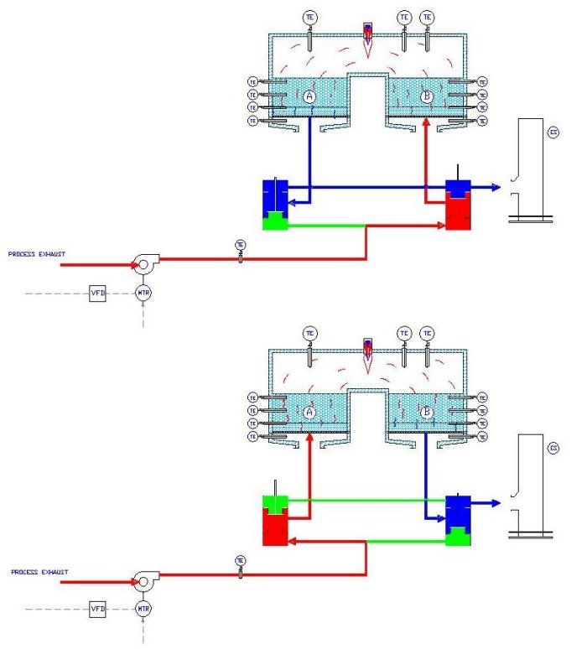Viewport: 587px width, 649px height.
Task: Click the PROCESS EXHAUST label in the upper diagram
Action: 36,253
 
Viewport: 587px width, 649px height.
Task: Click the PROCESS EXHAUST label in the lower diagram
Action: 39,572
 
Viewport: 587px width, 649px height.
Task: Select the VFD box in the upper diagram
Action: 96,293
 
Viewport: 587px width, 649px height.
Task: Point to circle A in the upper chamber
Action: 309,97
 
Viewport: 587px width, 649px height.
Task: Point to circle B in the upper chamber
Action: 427,97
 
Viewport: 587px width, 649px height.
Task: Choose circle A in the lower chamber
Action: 309,413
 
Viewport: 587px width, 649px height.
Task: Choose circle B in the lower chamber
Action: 427,413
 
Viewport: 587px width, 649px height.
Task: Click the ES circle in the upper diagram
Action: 553,132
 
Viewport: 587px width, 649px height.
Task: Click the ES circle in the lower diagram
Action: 553,449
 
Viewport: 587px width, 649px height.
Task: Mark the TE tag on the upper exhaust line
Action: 241,246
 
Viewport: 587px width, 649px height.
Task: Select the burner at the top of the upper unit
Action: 367,34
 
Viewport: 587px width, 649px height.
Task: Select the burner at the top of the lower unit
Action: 367,350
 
